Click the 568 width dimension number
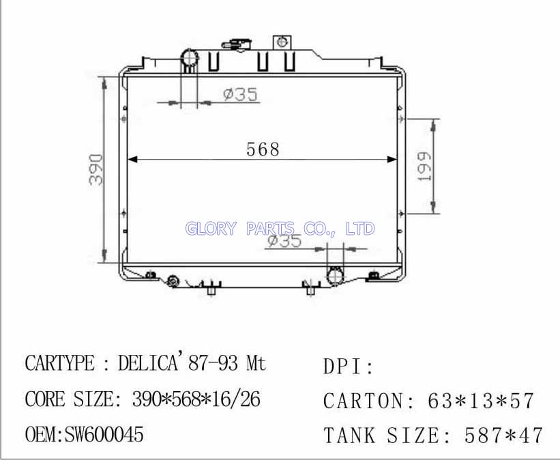(x=263, y=149)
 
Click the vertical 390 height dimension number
(x=96, y=170)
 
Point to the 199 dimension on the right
(x=425, y=167)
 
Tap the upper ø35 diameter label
(x=240, y=94)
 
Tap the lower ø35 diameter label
(x=284, y=240)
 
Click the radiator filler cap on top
(x=237, y=44)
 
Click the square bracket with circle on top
(x=282, y=42)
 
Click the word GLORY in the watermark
(x=211, y=229)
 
